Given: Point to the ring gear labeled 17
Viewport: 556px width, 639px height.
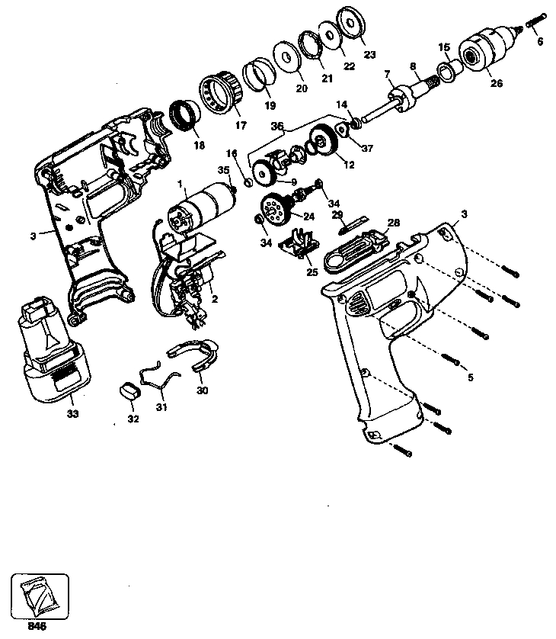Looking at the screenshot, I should coord(221,92).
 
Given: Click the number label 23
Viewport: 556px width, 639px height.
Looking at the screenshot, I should coord(370,54).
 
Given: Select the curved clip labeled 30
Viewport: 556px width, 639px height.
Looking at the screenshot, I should coord(196,355).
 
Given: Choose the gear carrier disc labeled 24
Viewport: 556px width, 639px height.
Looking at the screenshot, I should coord(273,207).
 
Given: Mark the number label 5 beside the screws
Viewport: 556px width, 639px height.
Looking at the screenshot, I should coord(470,376).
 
